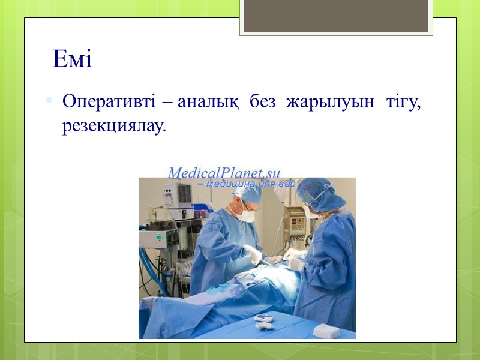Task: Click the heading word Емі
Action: click(x=72, y=59)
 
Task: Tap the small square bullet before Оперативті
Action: click(x=49, y=100)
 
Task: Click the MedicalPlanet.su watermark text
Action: click(x=224, y=173)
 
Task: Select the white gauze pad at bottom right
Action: click(x=327, y=330)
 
